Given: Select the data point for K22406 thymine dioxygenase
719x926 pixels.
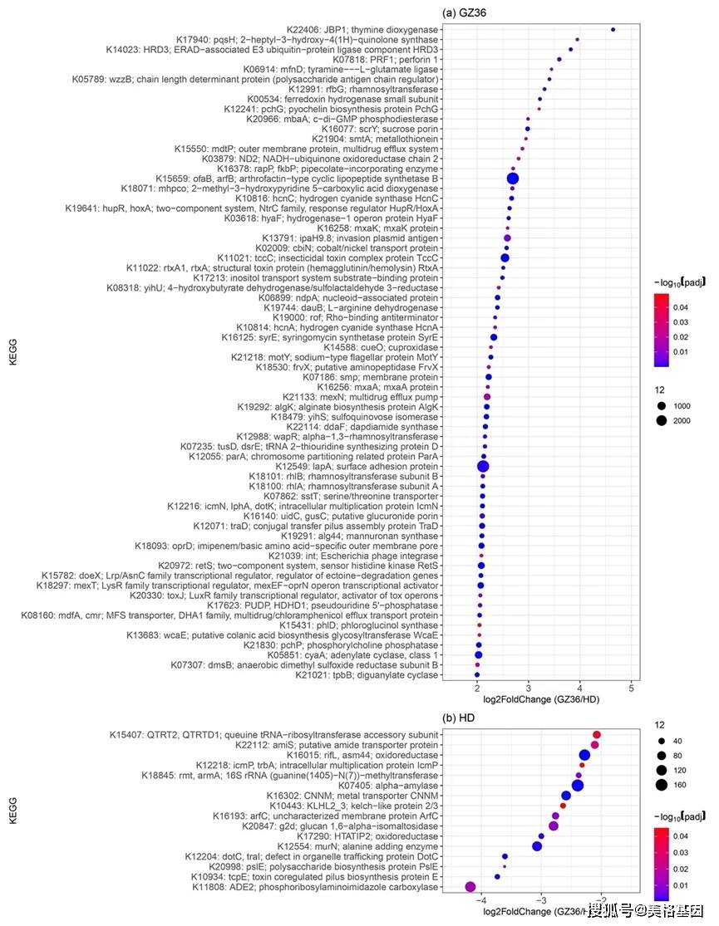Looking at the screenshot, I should [613, 30].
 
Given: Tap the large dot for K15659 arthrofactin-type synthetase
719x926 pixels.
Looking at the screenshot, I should [513, 179].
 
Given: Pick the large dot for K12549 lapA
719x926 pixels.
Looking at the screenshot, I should [483, 467].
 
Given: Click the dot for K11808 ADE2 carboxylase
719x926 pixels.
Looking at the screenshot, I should [470, 887].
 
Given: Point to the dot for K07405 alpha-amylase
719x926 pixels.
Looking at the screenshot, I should [578, 785].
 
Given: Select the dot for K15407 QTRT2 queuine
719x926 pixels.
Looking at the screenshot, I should [597, 735].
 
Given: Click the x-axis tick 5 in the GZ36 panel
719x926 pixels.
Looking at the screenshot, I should [631, 688].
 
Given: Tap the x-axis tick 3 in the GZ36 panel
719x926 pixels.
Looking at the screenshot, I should [529, 688].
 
